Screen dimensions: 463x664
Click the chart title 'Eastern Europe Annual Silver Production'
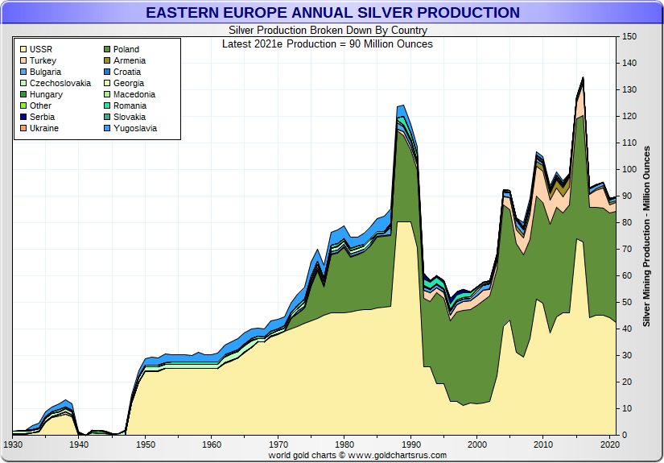click(332, 13)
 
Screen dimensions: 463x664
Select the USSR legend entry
click(40, 49)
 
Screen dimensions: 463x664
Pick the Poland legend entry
click(126, 49)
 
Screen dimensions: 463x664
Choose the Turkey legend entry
click(43, 60)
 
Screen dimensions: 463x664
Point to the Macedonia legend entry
click(134, 94)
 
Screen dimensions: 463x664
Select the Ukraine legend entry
click(43, 128)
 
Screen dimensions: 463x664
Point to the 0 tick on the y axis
click(625, 435)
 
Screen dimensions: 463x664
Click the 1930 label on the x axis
click(13, 444)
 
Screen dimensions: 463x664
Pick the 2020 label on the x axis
click(610, 444)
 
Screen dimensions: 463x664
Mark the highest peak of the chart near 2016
click(583, 78)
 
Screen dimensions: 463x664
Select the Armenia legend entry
click(129, 60)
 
